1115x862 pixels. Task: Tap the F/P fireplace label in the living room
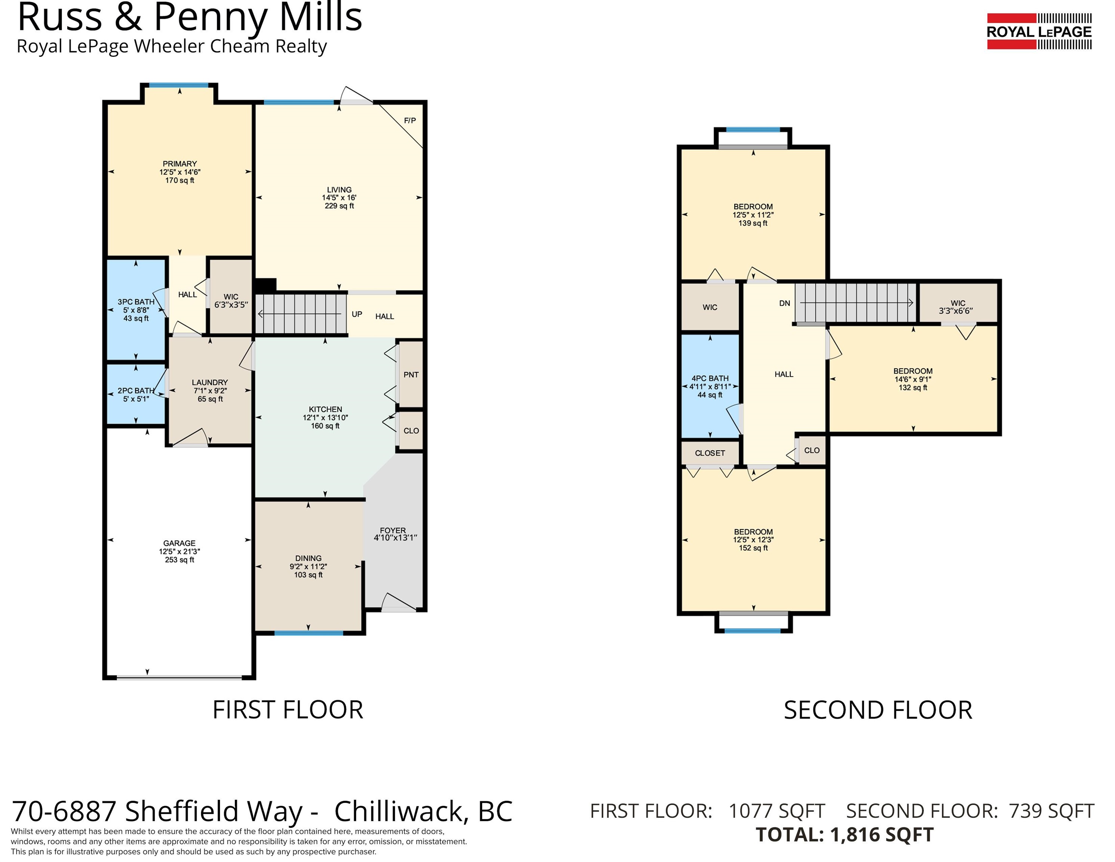(410, 120)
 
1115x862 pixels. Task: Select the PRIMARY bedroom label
(180, 164)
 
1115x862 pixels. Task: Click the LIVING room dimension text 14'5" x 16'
(339, 198)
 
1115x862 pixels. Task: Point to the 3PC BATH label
(136, 302)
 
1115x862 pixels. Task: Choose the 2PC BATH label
(136, 391)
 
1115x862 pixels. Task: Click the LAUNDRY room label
(210, 382)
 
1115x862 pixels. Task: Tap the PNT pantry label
(411, 375)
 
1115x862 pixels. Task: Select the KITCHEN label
(325, 410)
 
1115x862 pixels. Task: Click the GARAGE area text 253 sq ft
(180, 560)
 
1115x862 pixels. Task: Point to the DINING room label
(308, 558)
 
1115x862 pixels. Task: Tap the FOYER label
(393, 531)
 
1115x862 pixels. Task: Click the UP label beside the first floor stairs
(357, 314)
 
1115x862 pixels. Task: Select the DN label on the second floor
(785, 303)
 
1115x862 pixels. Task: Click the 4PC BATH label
(710, 378)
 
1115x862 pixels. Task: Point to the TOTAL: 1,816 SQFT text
(845, 834)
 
